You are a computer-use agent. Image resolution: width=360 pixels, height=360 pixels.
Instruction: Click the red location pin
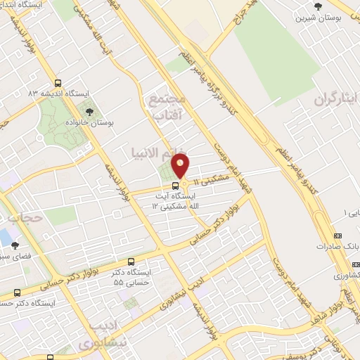click(181, 167)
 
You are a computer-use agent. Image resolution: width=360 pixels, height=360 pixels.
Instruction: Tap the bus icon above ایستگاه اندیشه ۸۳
click(58, 81)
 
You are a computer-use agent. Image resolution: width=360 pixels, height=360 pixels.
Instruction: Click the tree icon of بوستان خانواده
click(89, 110)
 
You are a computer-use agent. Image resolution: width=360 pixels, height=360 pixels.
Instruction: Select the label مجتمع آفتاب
click(167, 106)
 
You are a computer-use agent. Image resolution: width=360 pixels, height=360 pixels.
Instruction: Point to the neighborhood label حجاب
click(27, 218)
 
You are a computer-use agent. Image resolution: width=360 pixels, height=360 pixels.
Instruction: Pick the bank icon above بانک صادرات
click(338, 236)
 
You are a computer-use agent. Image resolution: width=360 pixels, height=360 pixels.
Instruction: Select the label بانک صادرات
click(333, 247)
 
